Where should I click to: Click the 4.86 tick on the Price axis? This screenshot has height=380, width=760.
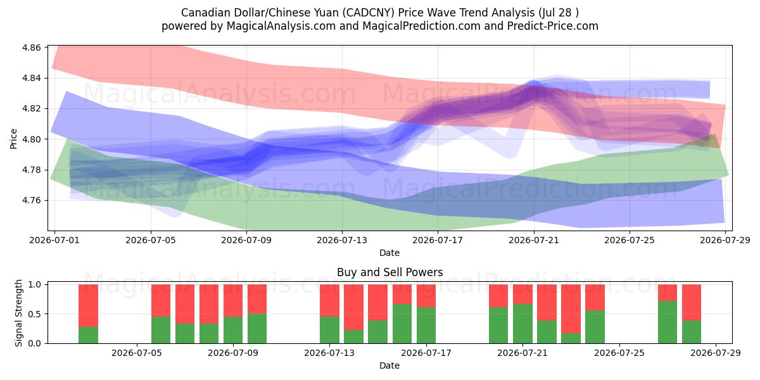coord(31,47)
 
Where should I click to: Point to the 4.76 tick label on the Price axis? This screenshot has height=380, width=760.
coord(31,201)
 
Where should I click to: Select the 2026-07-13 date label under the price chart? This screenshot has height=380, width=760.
coord(342,240)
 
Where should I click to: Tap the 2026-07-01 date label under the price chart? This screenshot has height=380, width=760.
coord(54,240)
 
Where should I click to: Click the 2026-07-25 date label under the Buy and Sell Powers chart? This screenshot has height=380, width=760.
coord(619,353)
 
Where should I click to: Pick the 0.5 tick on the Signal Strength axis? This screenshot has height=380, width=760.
coord(35,314)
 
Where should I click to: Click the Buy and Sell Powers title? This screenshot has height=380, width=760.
coord(390,272)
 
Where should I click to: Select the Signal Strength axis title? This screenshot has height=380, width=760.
coord(18,313)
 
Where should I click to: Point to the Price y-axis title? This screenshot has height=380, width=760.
coord(13,139)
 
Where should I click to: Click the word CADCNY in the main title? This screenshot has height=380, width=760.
coord(368,13)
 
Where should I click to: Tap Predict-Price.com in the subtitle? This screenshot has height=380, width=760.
coord(553,26)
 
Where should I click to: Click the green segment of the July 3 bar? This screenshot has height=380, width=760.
coord(88,335)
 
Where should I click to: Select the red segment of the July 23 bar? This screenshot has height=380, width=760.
coord(571,309)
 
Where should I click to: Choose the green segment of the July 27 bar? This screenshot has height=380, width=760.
coord(668,322)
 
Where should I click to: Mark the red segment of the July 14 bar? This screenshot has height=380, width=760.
coord(353,307)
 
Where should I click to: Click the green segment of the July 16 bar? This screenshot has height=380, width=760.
coord(402,324)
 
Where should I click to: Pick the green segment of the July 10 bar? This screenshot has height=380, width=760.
coord(257,329)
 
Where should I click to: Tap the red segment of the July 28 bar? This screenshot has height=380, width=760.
coord(692,303)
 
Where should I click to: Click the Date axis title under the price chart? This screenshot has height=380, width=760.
coord(389,253)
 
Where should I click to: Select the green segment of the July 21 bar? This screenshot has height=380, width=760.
coord(522,324)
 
